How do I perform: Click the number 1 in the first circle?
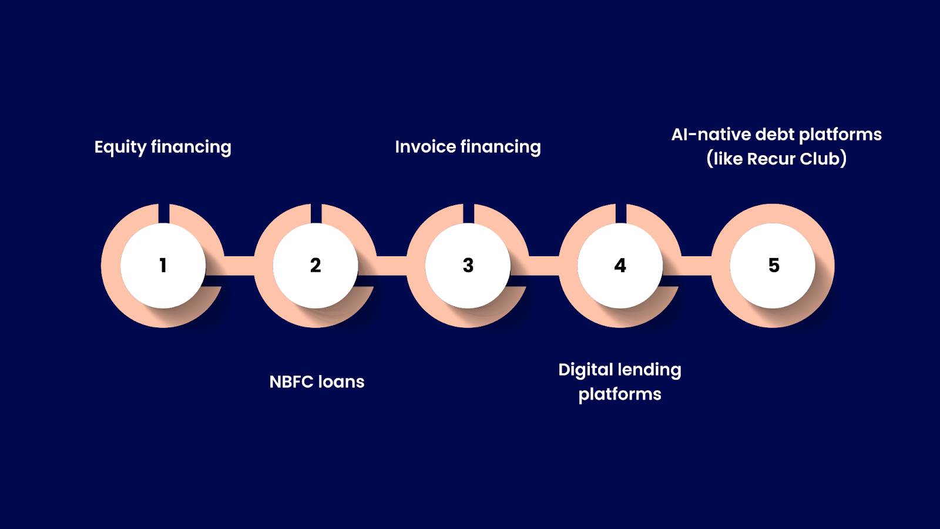(x=163, y=266)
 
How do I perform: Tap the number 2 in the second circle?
(x=315, y=266)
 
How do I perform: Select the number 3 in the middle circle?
(x=468, y=266)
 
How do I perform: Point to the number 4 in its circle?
(x=620, y=266)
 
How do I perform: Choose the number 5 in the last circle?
(x=774, y=266)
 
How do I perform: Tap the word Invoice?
(x=425, y=147)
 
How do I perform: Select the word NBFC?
(x=291, y=382)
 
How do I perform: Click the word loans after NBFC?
(x=341, y=382)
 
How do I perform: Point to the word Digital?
(x=585, y=370)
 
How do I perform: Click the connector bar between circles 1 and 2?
(x=239, y=266)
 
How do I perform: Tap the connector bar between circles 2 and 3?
(x=392, y=266)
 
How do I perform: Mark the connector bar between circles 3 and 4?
(x=544, y=266)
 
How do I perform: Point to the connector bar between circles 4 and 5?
(x=697, y=266)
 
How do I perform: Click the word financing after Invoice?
(x=501, y=147)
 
